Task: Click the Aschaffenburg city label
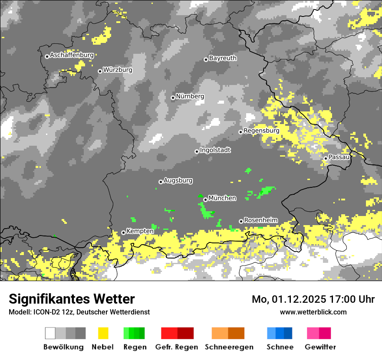[72, 55]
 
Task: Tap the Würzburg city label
[118, 70]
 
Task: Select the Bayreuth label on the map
[223, 58]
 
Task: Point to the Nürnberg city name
[190, 96]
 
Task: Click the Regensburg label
[261, 131]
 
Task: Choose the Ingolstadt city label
[215, 150]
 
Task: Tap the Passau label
[339, 157]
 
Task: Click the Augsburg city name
[178, 180]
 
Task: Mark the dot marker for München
[205, 200]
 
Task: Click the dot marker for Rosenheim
[241, 221]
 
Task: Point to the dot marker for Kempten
[123, 232]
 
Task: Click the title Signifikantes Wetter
[72, 299]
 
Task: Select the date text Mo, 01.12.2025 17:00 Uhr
[313, 299]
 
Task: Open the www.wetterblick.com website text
[313, 312]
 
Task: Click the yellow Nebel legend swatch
[103, 333]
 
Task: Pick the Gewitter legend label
[320, 347]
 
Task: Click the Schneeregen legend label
[229, 347]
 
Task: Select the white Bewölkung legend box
[50, 333]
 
